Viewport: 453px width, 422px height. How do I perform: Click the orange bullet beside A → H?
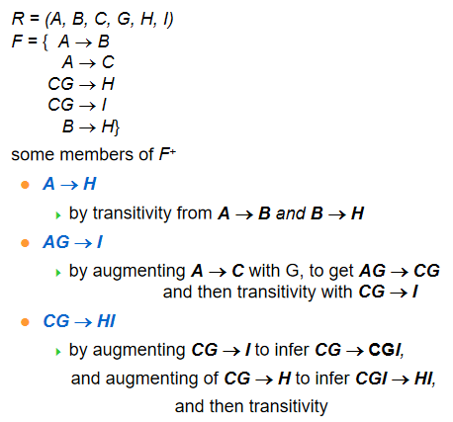pos(25,185)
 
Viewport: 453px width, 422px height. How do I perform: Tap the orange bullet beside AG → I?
pos(25,243)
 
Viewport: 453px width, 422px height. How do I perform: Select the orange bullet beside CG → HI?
pos(25,322)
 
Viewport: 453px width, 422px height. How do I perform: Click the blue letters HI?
pos(106,321)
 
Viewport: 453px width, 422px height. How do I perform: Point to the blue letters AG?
pos(56,242)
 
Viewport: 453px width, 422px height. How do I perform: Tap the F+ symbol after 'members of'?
pos(167,154)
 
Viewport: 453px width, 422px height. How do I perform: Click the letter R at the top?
pos(18,19)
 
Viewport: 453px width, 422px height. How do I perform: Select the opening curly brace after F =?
pos(45,42)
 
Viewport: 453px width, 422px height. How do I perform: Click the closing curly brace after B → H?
pos(117,127)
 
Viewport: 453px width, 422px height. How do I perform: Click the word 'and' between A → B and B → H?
pos(291,213)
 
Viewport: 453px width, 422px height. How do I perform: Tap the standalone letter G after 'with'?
pos(292,272)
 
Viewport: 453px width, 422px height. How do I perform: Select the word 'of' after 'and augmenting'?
pos(211,379)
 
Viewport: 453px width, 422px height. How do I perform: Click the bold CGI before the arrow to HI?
pos(371,379)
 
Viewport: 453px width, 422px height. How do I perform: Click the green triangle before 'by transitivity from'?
pos(58,215)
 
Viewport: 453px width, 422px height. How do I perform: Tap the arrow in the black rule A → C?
pos(88,63)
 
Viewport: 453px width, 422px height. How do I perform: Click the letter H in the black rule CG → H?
pos(108,84)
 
